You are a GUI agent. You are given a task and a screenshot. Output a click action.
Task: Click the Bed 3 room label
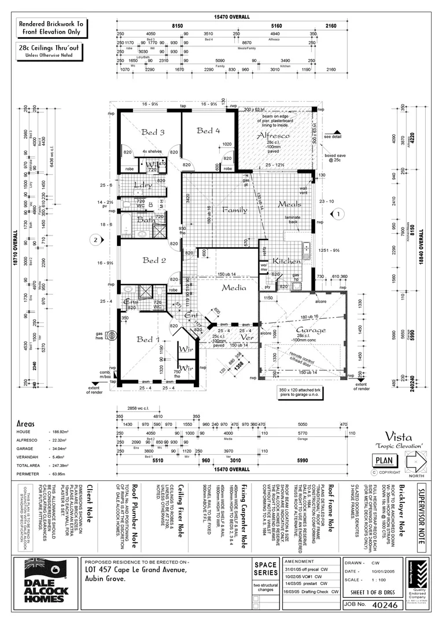pos(153,133)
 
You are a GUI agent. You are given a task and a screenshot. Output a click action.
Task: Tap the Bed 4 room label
pos(208,131)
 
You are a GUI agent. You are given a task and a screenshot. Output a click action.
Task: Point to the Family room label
pos(235,210)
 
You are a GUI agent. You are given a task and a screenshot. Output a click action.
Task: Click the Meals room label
pos(289,204)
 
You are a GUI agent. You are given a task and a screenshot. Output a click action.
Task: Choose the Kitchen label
pos(287,261)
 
